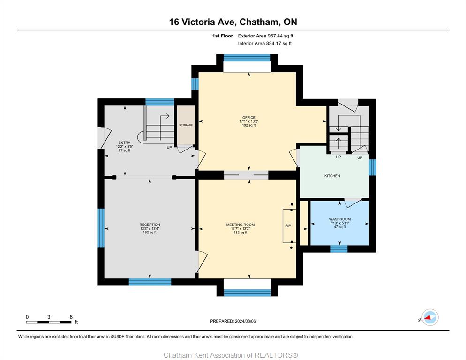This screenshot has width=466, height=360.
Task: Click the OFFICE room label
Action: (249, 118)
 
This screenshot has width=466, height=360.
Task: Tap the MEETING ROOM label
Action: (241, 225)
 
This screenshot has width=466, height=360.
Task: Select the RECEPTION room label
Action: (150, 225)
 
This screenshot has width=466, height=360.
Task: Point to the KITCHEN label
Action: (332, 176)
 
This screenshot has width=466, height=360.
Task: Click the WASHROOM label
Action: (340, 219)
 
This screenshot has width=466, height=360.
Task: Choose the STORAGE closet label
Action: (186, 125)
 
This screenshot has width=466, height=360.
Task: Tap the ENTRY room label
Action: (124, 142)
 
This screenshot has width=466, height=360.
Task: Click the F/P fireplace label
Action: (288, 225)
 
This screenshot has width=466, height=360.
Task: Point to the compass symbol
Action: (430, 317)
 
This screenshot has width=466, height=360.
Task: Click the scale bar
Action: (49, 322)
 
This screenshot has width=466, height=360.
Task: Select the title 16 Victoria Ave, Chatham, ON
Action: (233, 22)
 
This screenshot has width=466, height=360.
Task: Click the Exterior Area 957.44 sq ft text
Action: (265, 36)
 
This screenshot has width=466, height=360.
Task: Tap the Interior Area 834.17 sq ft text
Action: (264, 44)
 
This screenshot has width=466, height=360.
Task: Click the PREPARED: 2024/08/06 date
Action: (233, 321)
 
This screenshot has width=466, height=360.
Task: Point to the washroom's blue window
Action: (339, 249)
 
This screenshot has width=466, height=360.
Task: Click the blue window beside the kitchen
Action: (372, 167)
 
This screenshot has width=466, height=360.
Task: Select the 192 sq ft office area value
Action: (249, 126)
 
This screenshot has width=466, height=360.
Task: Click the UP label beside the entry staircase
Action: (169, 148)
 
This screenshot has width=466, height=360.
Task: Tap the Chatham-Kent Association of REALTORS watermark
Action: (231, 355)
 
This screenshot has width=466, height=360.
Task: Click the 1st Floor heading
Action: (222, 36)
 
